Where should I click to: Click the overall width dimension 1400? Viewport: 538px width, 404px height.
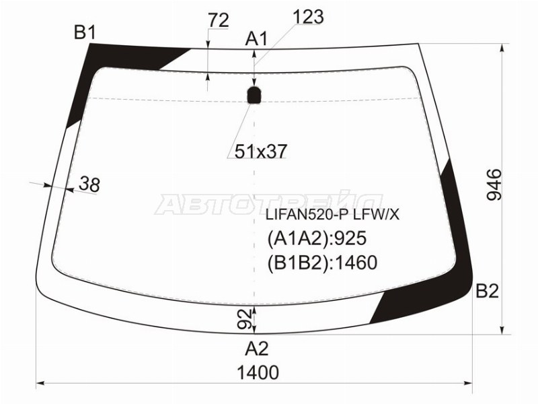click(258, 372)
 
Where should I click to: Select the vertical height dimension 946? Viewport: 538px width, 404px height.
click(494, 184)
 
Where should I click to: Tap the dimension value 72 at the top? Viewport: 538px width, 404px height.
click(219, 20)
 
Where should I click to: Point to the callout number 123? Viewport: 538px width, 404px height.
click(309, 16)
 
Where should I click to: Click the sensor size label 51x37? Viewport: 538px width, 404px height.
click(260, 151)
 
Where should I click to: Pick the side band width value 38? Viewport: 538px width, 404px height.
click(89, 184)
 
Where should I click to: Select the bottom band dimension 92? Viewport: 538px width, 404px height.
click(245, 319)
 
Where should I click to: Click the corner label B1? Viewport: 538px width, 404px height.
click(85, 32)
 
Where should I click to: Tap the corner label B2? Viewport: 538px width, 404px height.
click(487, 292)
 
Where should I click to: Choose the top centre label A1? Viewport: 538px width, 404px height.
click(256, 39)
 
